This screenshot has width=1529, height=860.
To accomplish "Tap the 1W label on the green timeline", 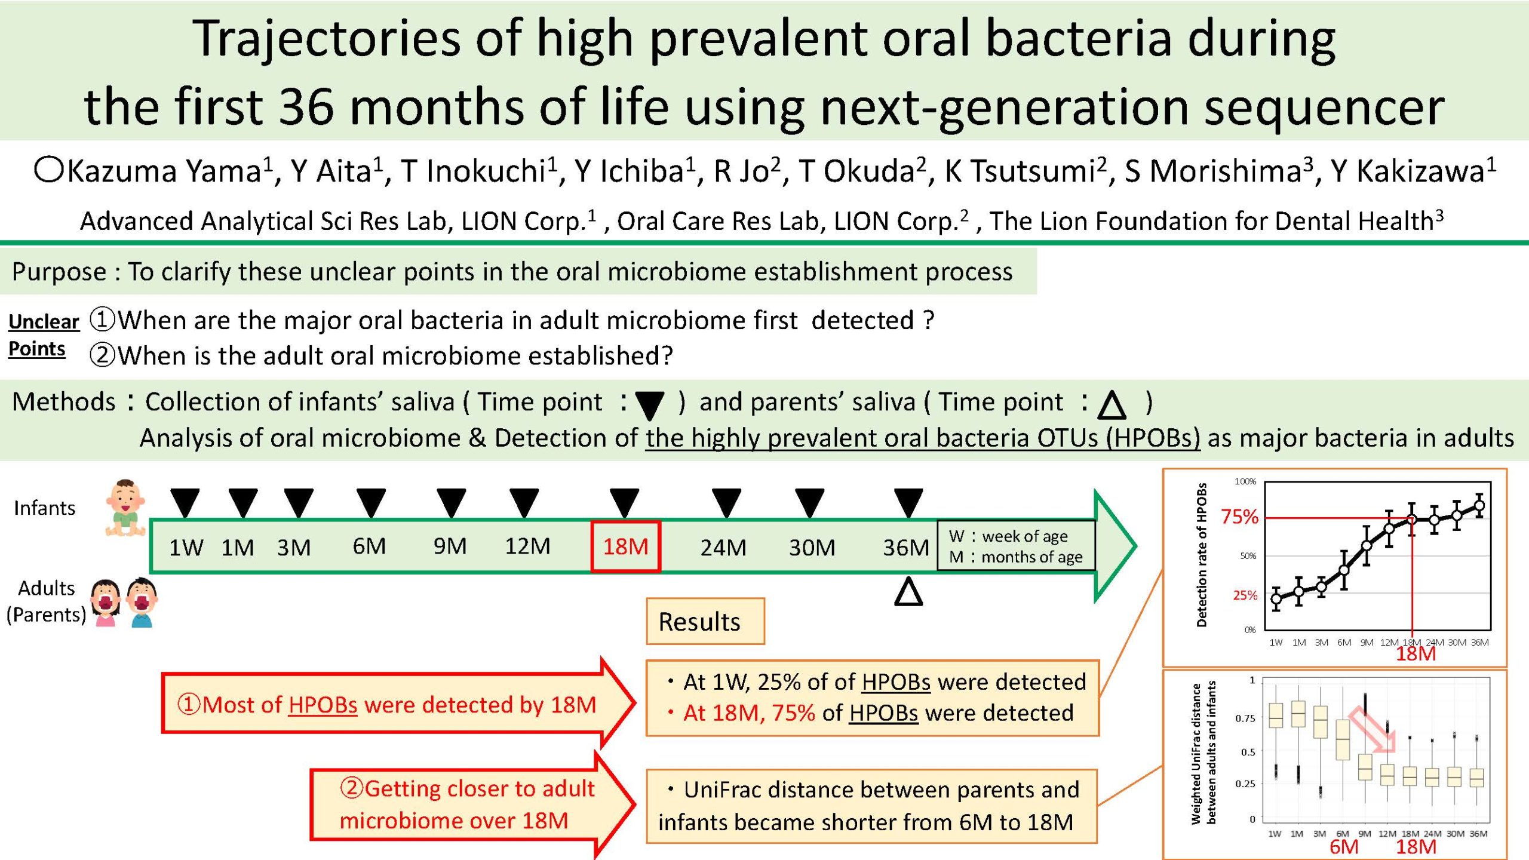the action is pos(186,548).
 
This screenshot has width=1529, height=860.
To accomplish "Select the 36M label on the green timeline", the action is pos(906,548).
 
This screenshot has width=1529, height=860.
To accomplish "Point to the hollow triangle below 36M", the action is pos(908,591).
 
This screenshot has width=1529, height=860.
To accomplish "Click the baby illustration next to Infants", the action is pos(125,508).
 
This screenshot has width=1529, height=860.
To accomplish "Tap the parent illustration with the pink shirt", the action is pos(105,603).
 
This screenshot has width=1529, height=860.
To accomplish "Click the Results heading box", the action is pos(705,621).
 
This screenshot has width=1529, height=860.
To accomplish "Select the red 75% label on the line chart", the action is pos(1239,517).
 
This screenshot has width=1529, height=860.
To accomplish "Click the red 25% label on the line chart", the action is pos(1245,595).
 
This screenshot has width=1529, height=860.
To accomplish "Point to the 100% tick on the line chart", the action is pos(1245,481).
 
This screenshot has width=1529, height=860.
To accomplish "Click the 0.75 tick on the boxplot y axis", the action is pos(1245,718).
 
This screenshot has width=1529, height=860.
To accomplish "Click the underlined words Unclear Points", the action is pos(44,335).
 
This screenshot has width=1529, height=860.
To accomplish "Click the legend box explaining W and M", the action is pos(1017,546).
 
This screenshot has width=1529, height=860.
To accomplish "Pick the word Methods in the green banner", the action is pos(64,402).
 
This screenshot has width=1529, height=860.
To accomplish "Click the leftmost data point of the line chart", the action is pos(1276,598).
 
